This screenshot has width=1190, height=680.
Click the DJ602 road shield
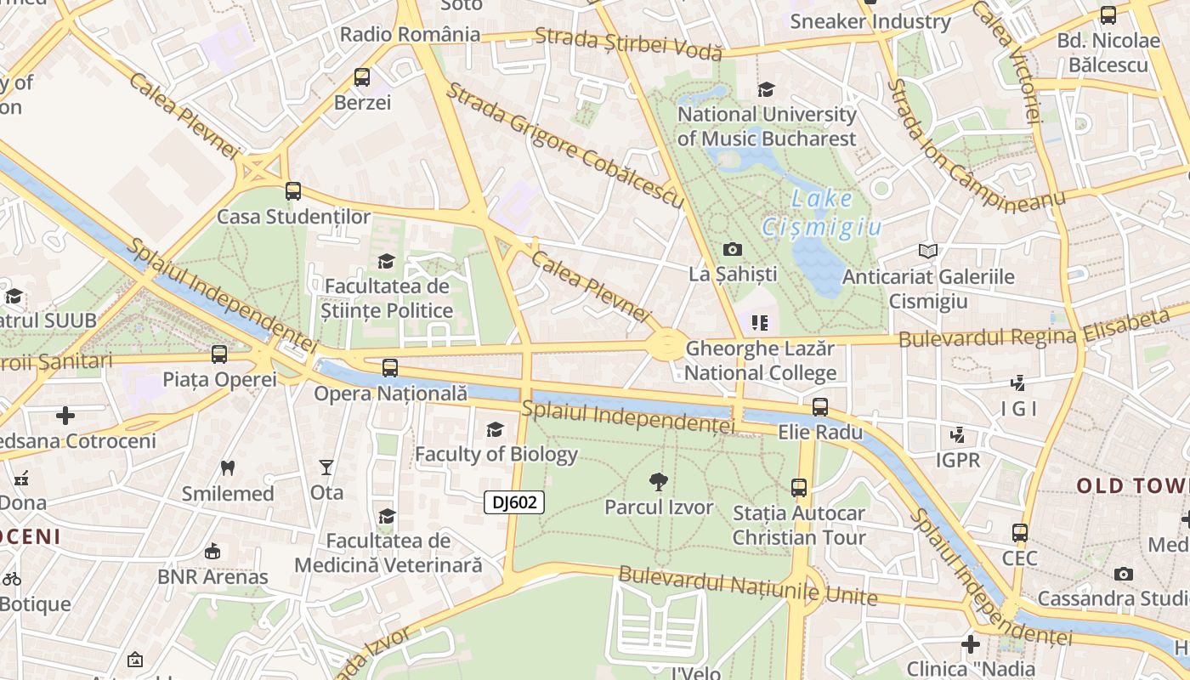point(514,502)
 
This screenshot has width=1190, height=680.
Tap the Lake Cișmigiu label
point(821,213)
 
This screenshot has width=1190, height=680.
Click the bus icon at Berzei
point(362,77)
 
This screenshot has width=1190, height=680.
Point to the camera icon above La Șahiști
point(732,249)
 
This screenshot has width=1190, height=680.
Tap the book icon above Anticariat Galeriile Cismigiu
point(928,252)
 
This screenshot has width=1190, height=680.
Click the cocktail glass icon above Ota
point(326,467)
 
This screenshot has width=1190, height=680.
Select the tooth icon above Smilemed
point(227,467)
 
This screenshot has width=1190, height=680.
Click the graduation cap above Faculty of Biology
point(495,430)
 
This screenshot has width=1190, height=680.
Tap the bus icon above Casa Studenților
point(293,191)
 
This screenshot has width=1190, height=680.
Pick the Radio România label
point(410,35)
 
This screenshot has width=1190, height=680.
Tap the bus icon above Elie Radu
point(820,407)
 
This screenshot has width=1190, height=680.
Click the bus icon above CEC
point(1020,533)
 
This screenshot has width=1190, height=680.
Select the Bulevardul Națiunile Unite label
point(748,586)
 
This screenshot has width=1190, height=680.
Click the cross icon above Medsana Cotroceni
point(65,416)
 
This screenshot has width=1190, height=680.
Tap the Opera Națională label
point(390,394)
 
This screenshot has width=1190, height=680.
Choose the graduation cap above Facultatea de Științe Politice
point(387,261)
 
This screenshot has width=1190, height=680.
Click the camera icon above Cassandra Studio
point(1124,574)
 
